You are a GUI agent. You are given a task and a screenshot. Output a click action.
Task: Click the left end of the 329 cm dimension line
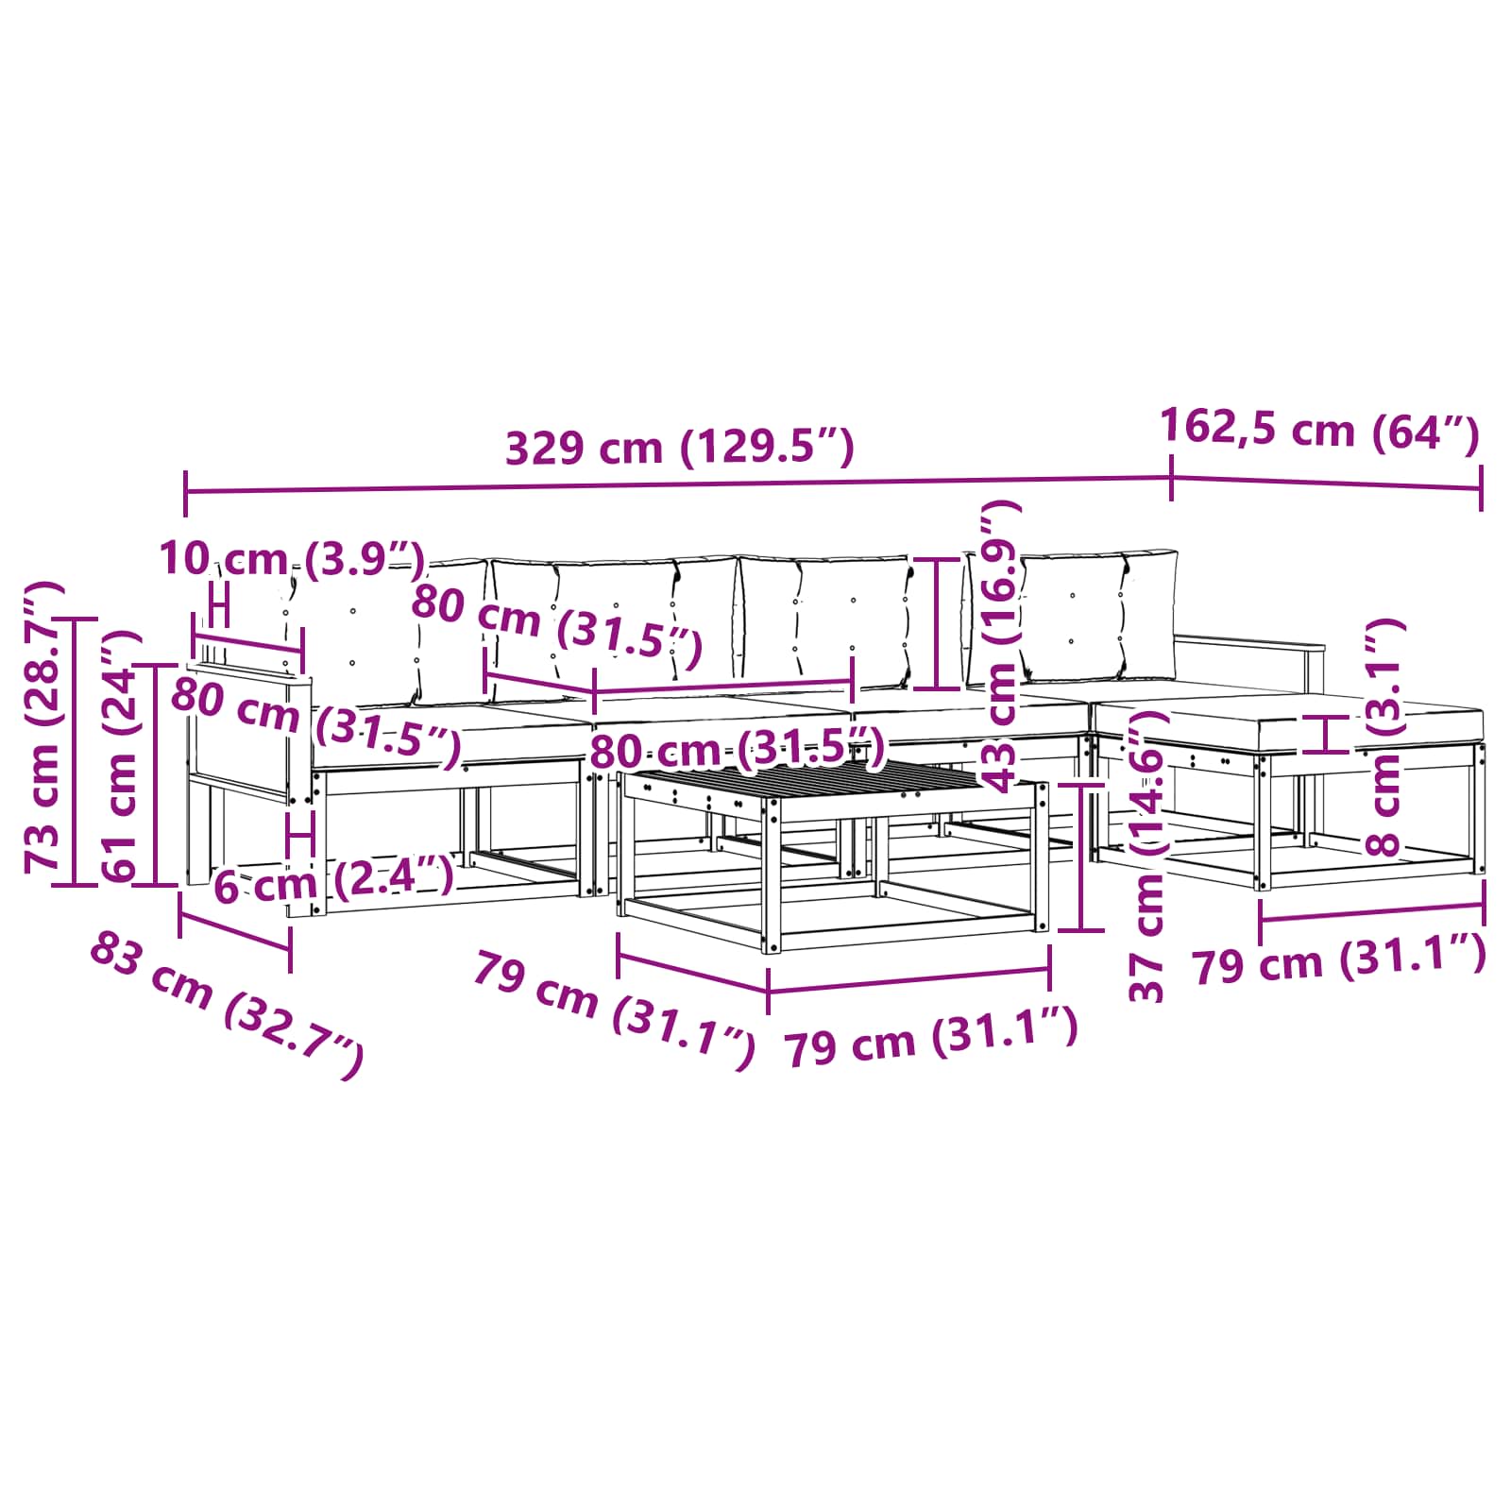[186, 492]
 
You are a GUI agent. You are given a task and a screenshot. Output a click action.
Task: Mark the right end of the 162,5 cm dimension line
[1481, 488]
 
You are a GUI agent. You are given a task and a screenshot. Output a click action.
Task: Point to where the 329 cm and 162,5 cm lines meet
[1171, 478]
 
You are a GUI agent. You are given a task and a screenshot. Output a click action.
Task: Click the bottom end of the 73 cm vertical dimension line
[75, 884]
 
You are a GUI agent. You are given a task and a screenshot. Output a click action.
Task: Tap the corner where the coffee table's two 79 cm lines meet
[768, 991]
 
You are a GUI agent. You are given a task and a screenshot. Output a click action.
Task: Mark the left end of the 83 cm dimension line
[179, 913]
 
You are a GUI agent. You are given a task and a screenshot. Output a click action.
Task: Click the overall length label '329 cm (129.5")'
[680, 447]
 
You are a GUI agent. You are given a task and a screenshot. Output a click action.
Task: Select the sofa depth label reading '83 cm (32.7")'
[227, 1004]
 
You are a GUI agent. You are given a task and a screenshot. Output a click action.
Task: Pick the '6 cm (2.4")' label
[333, 882]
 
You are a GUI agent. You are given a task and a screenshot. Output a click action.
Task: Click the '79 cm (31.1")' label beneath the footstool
[1339, 959]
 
